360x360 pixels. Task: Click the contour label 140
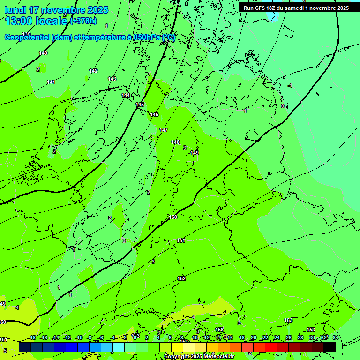[x=43, y=53]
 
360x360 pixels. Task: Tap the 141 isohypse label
[x=51, y=82]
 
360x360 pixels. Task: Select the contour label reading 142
[x=93, y=71]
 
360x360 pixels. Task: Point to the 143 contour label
[x=112, y=79]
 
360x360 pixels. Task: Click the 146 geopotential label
[x=154, y=114]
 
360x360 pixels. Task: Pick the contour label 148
[x=175, y=142]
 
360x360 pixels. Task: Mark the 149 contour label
[x=195, y=153]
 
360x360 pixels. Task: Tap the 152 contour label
[x=181, y=278]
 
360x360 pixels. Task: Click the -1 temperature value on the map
[x=290, y=85]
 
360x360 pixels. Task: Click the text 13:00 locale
[x=36, y=21]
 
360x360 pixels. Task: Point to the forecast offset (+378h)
[x=83, y=21]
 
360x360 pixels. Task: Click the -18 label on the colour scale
[x=32, y=337]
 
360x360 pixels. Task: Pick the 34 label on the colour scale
[x=335, y=337]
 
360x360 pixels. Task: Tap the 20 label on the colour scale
[x=253, y=337]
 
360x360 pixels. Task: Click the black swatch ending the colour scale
[x=330, y=347]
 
